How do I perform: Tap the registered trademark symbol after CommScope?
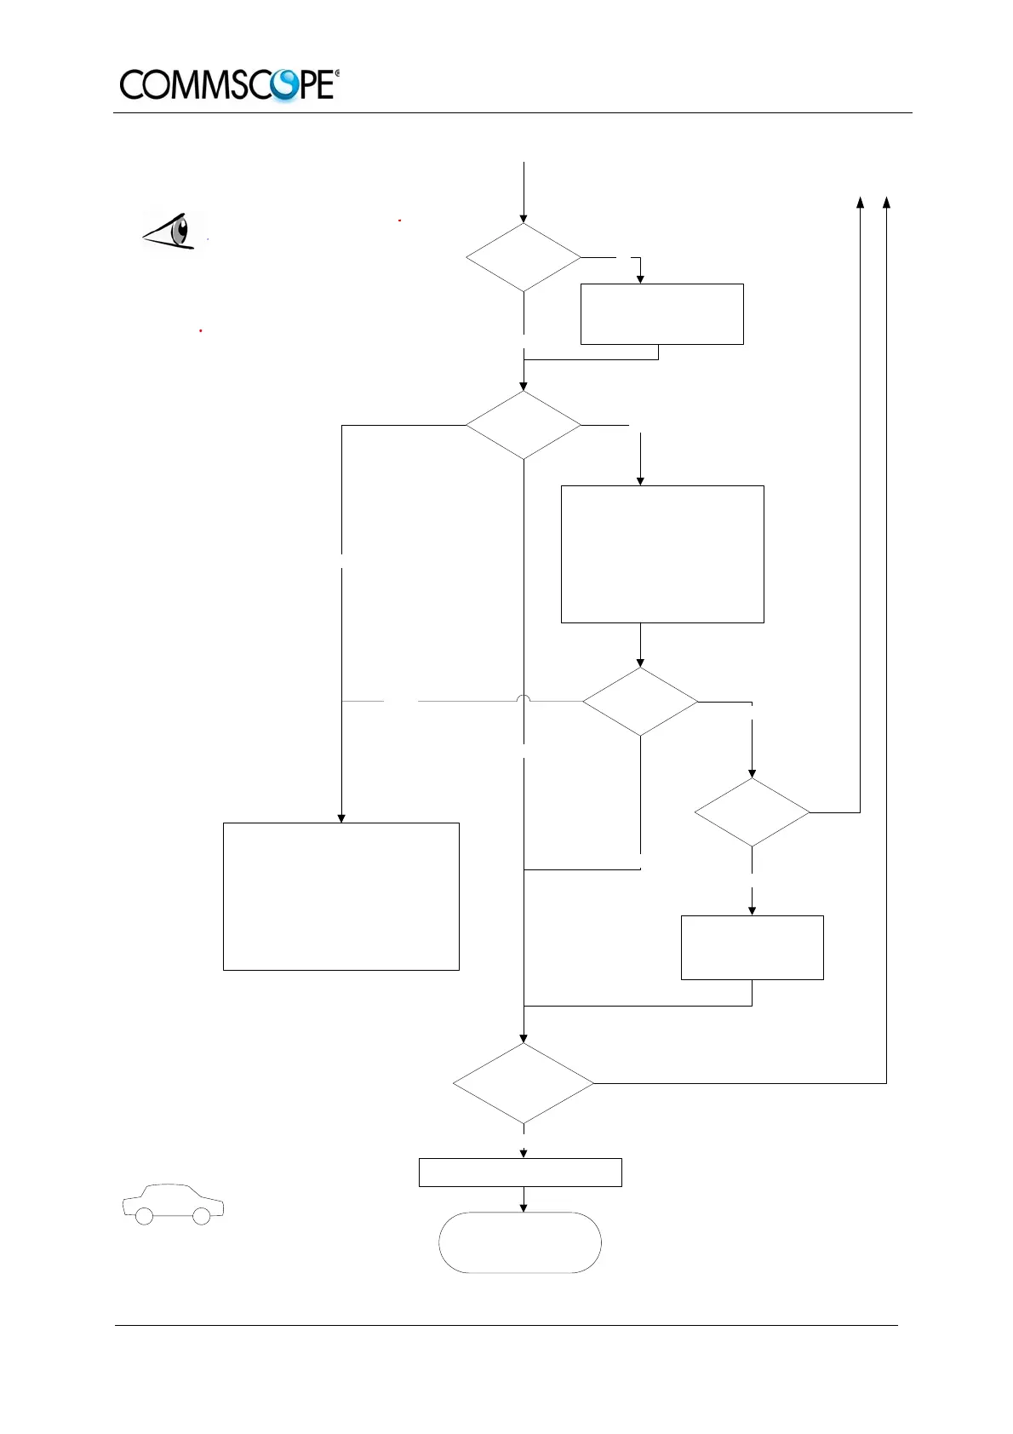(x=337, y=74)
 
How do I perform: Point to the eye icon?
(x=175, y=231)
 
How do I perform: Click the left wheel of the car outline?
(x=145, y=1215)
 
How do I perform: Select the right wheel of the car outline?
(x=202, y=1215)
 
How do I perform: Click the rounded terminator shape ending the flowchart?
(x=520, y=1242)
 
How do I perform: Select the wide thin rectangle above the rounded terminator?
(x=520, y=1172)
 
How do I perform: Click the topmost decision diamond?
(x=524, y=257)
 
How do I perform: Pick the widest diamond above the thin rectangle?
(x=524, y=1083)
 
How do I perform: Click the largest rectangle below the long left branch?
(x=341, y=896)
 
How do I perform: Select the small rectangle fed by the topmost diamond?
(x=661, y=313)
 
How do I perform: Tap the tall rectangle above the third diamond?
(x=662, y=554)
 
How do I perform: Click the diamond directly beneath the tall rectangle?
(x=640, y=702)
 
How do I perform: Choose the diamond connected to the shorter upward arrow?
(x=752, y=812)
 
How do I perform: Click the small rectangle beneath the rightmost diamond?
(x=752, y=947)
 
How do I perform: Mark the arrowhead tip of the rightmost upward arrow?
(x=886, y=199)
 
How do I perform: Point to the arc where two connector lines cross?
(x=524, y=698)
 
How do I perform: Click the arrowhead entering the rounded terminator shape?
(x=524, y=1207)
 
